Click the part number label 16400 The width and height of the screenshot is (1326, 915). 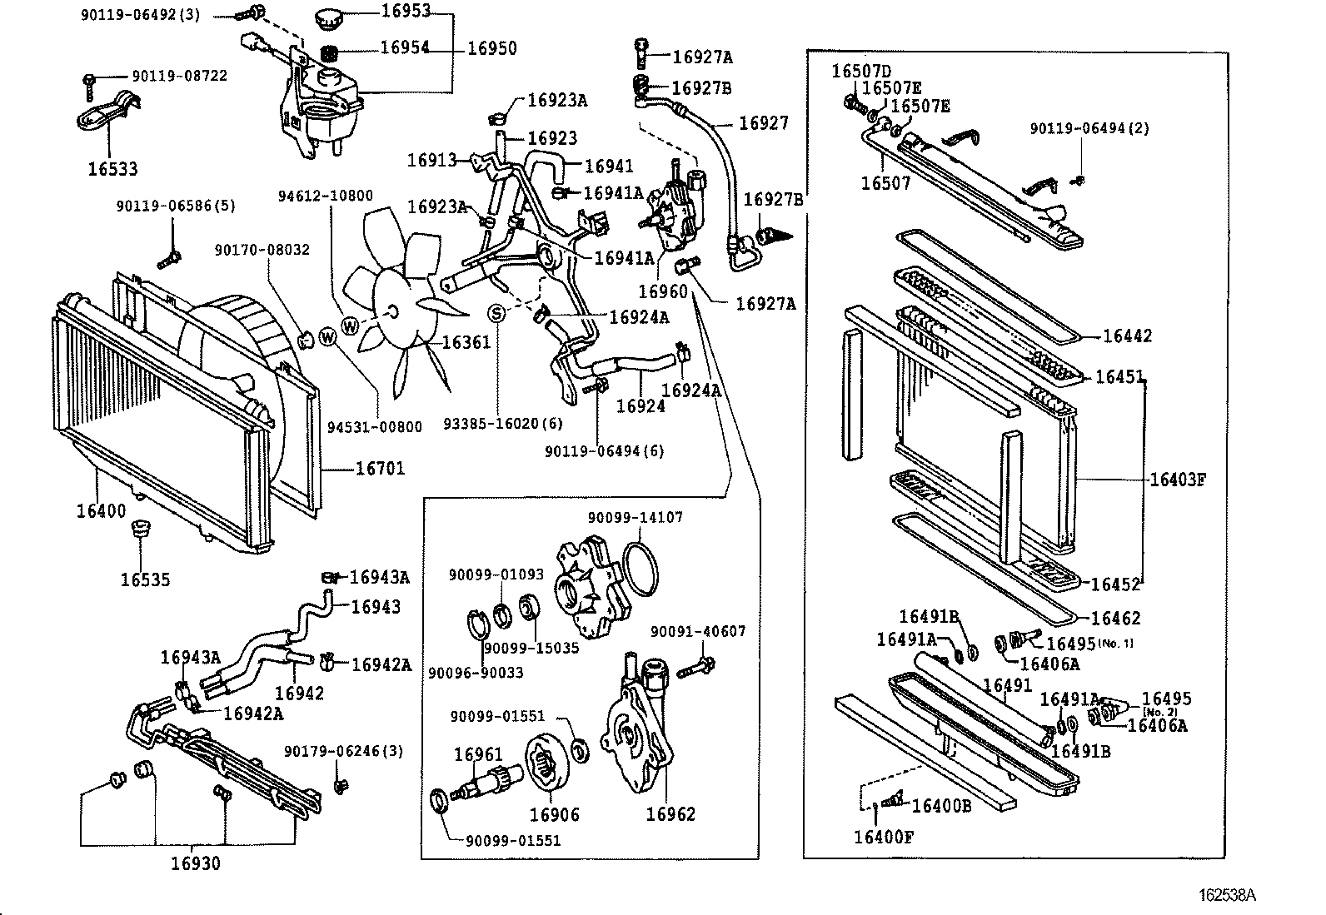click(101, 511)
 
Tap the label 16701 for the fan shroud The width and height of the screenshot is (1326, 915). click(380, 469)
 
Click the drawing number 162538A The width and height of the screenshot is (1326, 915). click(1227, 896)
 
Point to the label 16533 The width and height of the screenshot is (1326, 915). click(112, 169)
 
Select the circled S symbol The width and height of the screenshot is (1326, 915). click(496, 313)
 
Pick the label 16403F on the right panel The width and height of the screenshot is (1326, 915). click(1178, 480)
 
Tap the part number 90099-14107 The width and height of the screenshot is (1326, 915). click(635, 517)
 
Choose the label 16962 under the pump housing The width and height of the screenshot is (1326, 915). click(670, 814)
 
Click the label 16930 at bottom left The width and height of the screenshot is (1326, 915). click(196, 863)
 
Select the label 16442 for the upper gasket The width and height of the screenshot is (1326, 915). click(1127, 336)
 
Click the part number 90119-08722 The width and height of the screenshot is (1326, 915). click(179, 76)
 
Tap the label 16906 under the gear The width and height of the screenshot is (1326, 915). click(554, 814)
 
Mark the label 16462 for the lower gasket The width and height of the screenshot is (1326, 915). click(1115, 618)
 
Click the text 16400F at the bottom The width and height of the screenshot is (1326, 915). click(883, 836)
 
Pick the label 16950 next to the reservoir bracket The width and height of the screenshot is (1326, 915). click(491, 48)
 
